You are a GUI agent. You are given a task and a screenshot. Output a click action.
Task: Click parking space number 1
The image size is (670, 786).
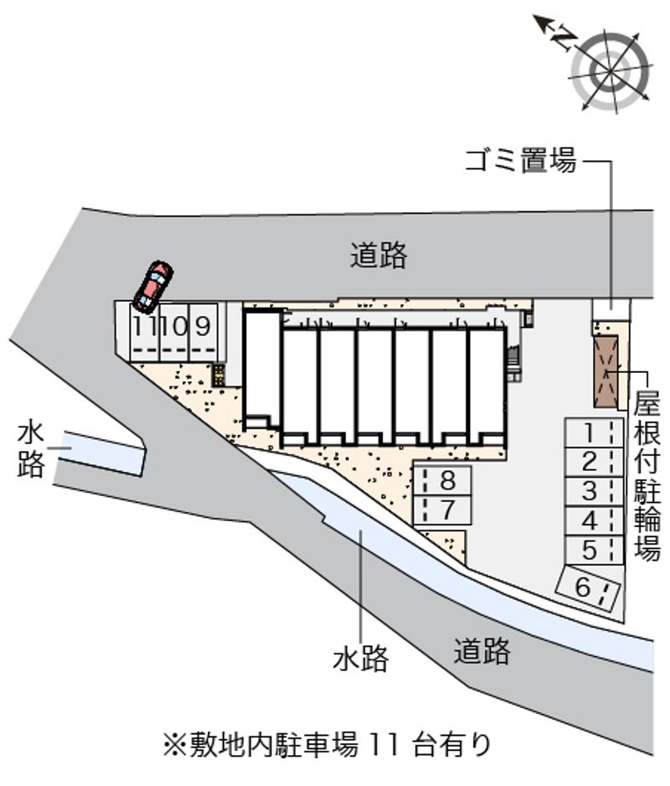click(595, 433)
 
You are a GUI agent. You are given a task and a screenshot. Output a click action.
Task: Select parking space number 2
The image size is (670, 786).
click(595, 463)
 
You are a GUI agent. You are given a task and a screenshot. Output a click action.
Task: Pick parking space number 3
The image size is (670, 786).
click(595, 492)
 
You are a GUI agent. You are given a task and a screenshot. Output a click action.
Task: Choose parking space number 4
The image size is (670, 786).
click(595, 521)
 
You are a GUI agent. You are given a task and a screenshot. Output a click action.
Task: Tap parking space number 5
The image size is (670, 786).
click(595, 551)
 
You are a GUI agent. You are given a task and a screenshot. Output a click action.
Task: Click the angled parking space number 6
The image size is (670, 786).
click(590, 588)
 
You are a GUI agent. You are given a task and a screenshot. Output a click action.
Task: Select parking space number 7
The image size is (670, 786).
click(442, 510)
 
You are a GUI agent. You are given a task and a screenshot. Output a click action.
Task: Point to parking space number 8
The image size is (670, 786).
click(442, 481)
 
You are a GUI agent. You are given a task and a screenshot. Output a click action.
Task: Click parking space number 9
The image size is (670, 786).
click(204, 332)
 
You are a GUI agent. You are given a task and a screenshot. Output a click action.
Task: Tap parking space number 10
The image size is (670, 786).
click(174, 332)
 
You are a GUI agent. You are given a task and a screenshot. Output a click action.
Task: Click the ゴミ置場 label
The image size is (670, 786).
click(521, 162)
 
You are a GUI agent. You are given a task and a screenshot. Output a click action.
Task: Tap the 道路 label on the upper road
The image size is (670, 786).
click(379, 255)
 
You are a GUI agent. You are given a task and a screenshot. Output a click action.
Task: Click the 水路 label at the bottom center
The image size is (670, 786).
click(361, 658)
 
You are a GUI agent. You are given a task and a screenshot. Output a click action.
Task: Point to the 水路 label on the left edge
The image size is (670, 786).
click(31, 450)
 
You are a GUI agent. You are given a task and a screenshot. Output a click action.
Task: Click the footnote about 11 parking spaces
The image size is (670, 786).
click(327, 744)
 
